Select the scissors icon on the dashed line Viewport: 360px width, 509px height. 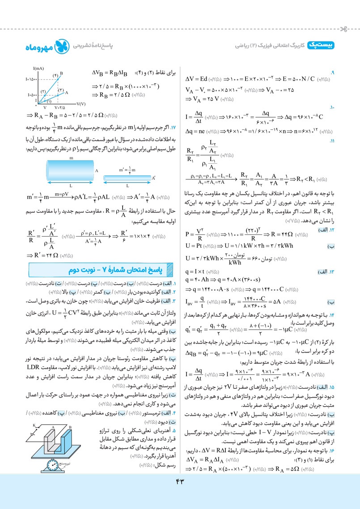[343, 29]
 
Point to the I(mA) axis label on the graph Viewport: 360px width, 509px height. [38, 68]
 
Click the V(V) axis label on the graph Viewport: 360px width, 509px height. [81, 104]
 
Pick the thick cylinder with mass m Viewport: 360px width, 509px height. [71, 170]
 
